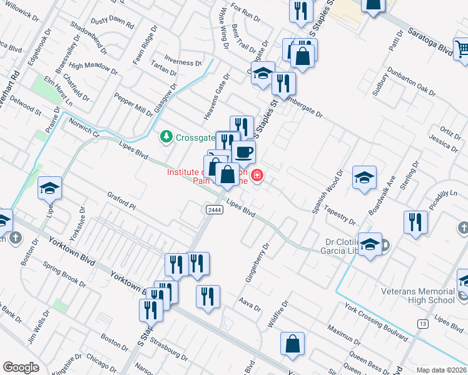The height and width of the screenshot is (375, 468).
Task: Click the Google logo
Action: click(x=21, y=367)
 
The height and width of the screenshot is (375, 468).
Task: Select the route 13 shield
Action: click(x=423, y=323)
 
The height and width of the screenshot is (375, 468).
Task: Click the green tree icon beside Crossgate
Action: click(x=166, y=136)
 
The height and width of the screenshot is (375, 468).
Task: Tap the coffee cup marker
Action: click(x=243, y=151)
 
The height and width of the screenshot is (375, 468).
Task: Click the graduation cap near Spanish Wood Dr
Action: click(x=364, y=179)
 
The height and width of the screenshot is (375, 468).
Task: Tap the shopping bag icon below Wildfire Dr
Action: click(x=292, y=343)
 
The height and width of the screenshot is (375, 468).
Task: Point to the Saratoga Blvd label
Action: click(x=430, y=41)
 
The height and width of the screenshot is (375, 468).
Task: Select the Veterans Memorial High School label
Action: click(x=418, y=296)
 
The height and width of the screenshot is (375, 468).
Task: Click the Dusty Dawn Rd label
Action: click(x=112, y=23)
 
